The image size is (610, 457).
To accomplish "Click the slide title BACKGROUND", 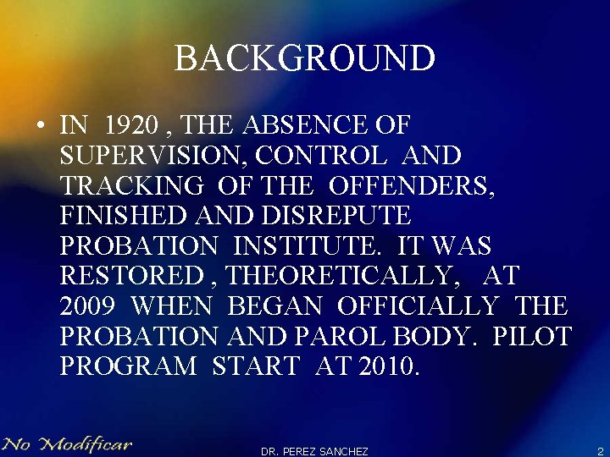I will pyautogui.click(x=305, y=58).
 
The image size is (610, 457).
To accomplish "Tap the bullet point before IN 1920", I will pyautogui.click(x=41, y=127).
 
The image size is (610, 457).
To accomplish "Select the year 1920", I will pyautogui.click(x=132, y=126).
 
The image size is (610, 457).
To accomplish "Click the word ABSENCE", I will pyautogui.click(x=304, y=126).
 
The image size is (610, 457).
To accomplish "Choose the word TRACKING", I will pyautogui.click(x=131, y=186).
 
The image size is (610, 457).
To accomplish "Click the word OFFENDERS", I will pyautogui.click(x=411, y=186).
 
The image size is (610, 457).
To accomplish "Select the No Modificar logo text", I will pyautogui.click(x=67, y=443).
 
